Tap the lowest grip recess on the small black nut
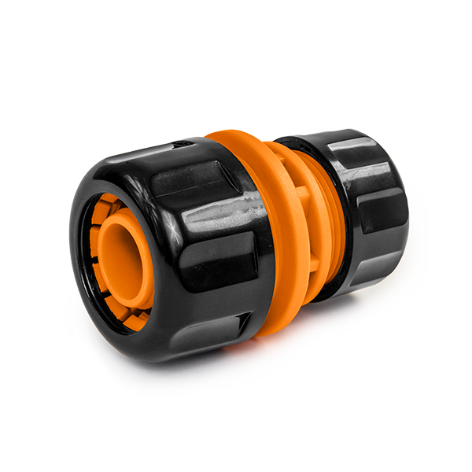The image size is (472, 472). (370, 271)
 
